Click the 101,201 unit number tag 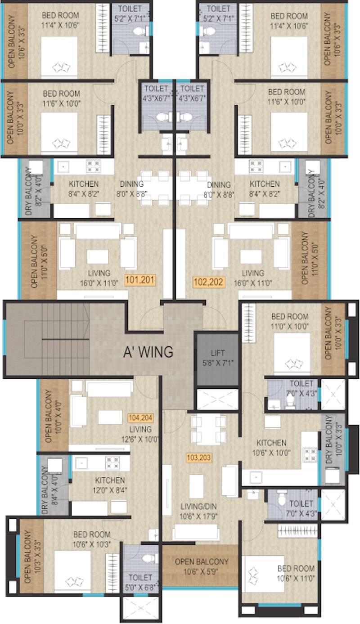point(140,280)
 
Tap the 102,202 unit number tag point(209,282)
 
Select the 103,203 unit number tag point(199,458)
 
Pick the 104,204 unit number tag point(141,417)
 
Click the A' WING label point(148,352)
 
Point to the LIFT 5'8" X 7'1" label point(218,358)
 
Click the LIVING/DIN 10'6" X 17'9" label point(198,512)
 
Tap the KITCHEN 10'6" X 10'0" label point(271,448)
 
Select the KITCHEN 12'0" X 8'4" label point(110,485)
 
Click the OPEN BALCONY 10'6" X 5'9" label point(202,566)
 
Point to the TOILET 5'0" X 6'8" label point(140,582)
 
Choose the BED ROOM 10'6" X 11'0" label point(296,573)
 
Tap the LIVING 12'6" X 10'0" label point(140,434)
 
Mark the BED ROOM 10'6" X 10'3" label point(92,539)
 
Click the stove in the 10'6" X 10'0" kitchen point(310,455)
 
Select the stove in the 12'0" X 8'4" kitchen point(112,463)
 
